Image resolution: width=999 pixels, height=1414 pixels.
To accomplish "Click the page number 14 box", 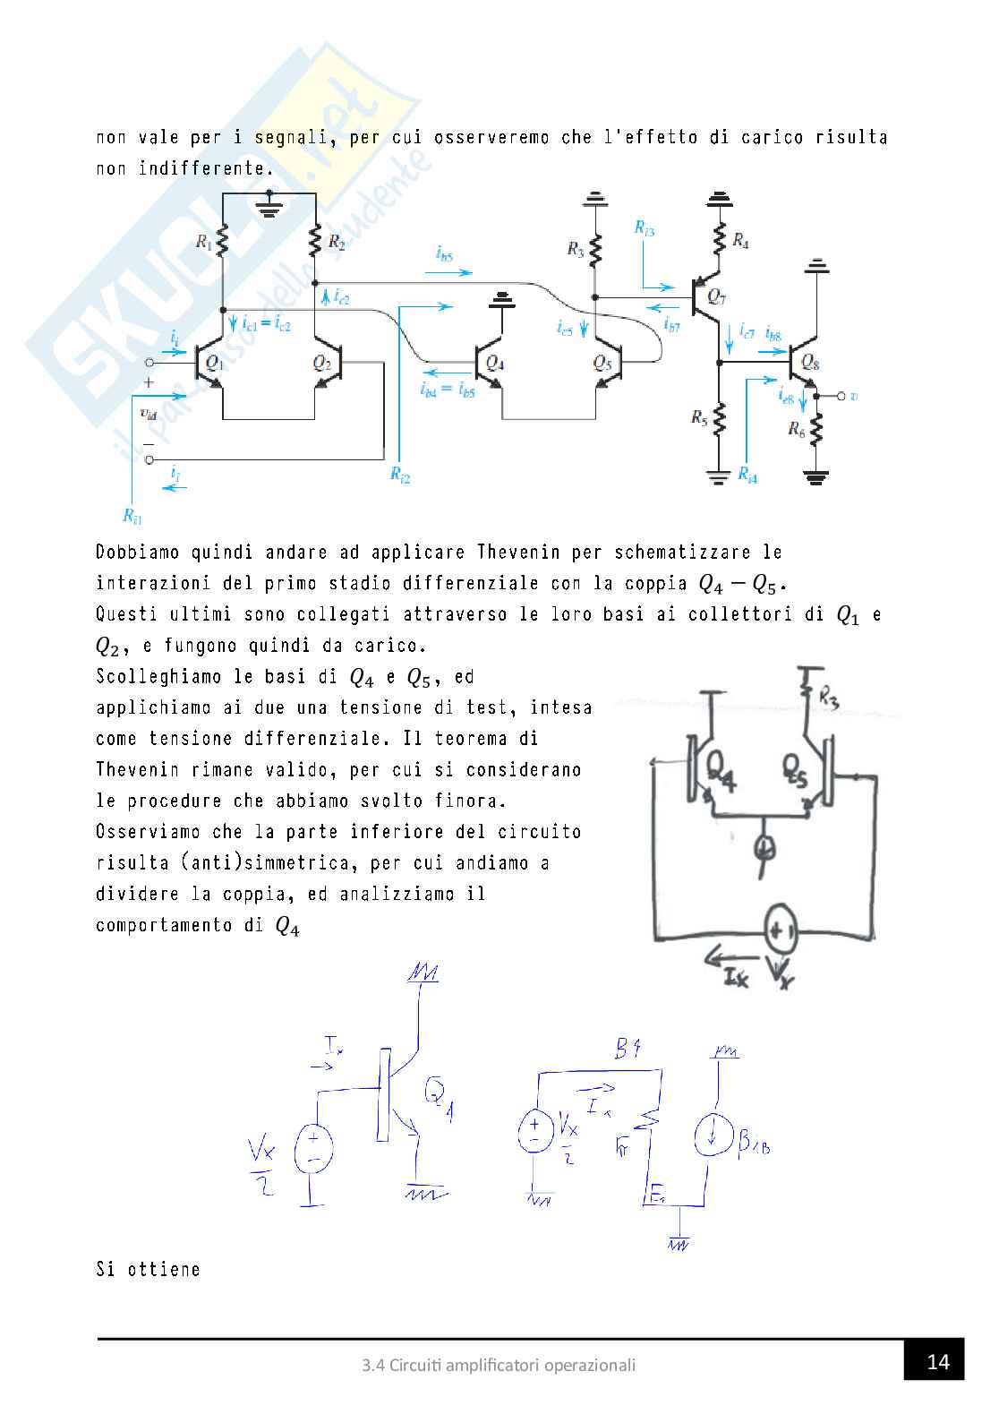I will click(x=938, y=1362).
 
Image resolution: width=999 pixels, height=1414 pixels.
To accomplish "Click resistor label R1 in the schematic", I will click(x=205, y=241).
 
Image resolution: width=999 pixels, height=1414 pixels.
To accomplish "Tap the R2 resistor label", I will click(x=336, y=241).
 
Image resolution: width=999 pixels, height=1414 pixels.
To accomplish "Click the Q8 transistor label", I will click(x=810, y=362).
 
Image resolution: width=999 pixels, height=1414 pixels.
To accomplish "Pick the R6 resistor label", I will click(x=796, y=429).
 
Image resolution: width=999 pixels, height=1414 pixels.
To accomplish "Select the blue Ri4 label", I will click(x=747, y=476).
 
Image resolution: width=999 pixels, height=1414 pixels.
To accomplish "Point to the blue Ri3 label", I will click(x=644, y=229).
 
